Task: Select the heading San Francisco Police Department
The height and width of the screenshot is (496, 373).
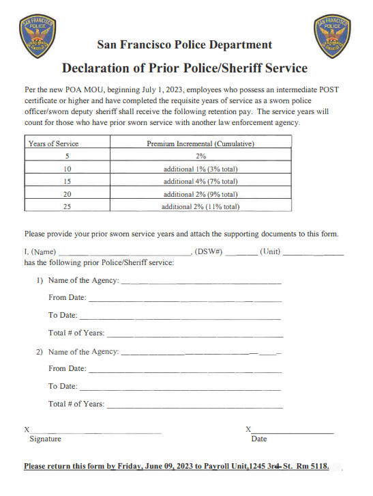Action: click(185, 45)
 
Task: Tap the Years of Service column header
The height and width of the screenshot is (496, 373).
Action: click(53, 143)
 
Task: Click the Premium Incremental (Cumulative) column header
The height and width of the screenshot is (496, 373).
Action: click(200, 143)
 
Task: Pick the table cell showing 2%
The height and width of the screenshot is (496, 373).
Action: click(200, 156)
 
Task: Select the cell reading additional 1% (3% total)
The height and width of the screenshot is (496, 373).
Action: click(200, 169)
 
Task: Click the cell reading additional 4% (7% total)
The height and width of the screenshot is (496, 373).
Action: click(200, 181)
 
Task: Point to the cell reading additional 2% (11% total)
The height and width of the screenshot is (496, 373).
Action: click(200, 206)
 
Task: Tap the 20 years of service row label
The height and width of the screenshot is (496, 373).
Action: click(67, 194)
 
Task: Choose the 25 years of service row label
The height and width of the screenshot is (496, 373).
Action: click(67, 206)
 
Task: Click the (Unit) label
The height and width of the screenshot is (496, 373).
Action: click(270, 251)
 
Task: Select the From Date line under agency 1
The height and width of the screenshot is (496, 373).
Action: click(184, 300)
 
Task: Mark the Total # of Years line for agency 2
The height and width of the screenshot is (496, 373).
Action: click(194, 407)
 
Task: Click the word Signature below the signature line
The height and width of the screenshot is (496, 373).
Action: click(45, 439)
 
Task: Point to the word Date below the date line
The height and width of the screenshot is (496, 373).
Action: click(259, 439)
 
